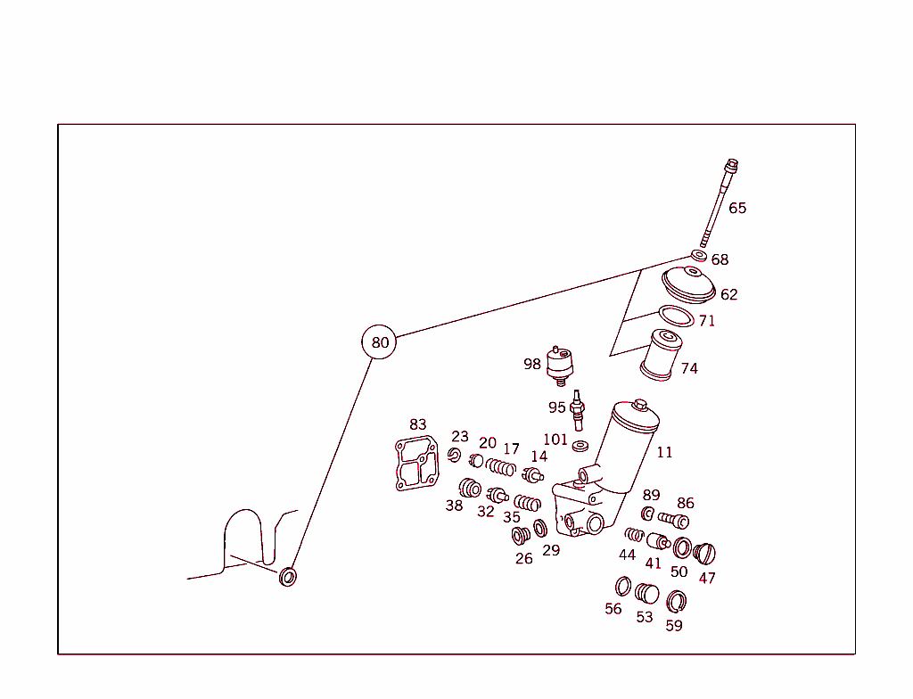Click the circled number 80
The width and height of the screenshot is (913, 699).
(x=379, y=342)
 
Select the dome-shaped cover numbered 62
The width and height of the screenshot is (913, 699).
(x=689, y=284)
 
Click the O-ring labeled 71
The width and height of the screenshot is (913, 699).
(x=676, y=317)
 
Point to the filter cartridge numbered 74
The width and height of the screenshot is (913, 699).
(x=661, y=355)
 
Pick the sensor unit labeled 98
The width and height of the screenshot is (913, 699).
(x=560, y=366)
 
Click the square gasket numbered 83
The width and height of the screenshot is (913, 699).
(x=417, y=463)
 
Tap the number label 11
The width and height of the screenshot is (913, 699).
(x=664, y=452)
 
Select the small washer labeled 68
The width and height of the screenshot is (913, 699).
(x=699, y=255)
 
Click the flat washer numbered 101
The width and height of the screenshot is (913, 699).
(x=580, y=446)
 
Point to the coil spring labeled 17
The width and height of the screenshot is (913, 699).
(x=501, y=466)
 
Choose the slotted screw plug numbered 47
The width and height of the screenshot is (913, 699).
(x=704, y=554)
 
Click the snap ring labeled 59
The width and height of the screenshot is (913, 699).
(x=676, y=602)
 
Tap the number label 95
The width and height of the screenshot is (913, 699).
(x=556, y=407)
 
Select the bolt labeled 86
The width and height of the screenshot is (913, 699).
(x=674, y=519)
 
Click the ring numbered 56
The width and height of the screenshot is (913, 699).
(x=623, y=587)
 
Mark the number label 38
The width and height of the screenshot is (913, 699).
(x=454, y=506)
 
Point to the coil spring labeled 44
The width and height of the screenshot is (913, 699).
(x=634, y=535)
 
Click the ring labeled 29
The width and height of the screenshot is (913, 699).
(x=540, y=529)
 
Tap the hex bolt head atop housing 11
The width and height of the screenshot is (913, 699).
(x=639, y=404)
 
